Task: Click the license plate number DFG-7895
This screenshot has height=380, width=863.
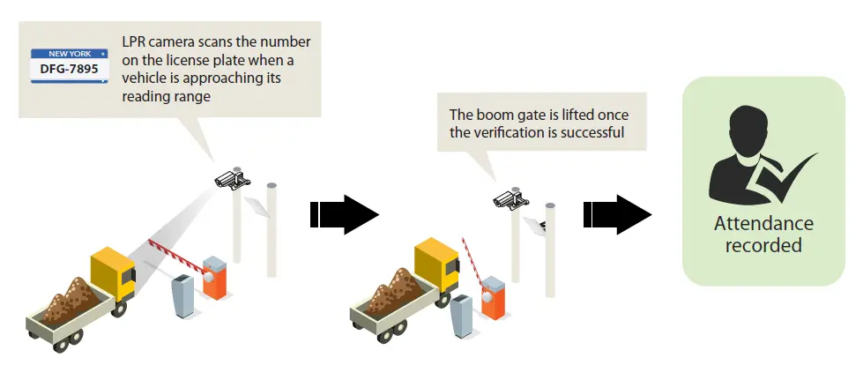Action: click(70, 70)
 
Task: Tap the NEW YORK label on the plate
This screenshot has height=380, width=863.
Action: click(70, 54)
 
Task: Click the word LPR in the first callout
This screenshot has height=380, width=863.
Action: click(133, 42)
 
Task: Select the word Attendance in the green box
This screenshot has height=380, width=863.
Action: click(763, 224)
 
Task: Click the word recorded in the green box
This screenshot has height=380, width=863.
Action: click(763, 244)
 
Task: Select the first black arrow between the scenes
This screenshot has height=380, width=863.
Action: click(345, 214)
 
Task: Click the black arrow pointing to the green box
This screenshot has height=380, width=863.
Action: click(618, 214)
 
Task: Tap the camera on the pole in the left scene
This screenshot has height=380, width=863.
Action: click(233, 179)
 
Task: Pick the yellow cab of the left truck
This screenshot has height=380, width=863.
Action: click(114, 273)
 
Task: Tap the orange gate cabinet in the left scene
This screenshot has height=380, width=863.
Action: click(215, 278)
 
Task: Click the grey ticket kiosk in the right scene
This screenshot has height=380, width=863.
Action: click(461, 317)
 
